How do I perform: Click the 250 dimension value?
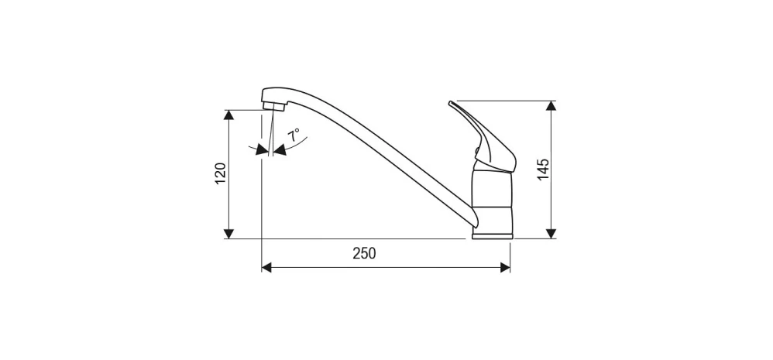click(364, 253)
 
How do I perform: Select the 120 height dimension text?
click(221, 174)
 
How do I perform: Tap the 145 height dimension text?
click(543, 170)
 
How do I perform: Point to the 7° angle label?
click(294, 135)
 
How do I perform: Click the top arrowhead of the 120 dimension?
click(228, 115)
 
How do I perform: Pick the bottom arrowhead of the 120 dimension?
click(228, 234)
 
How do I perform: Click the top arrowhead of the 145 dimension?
click(551, 106)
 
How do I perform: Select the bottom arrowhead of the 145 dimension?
click(551, 234)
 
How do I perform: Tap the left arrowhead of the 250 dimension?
click(266, 267)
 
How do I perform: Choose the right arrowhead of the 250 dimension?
click(505, 267)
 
